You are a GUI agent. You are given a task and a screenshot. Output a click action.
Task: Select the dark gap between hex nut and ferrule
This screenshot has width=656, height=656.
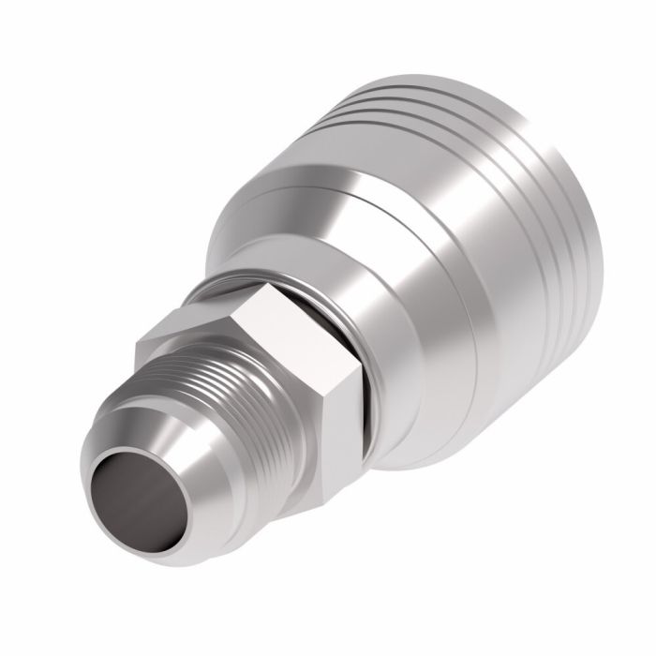[368, 375]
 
